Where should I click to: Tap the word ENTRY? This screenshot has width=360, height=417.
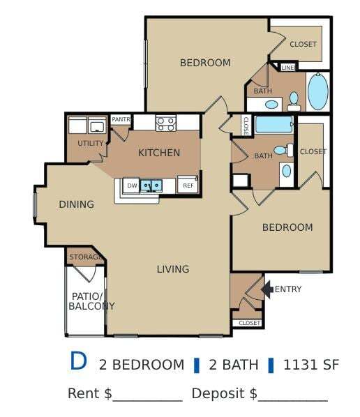pos(289,289)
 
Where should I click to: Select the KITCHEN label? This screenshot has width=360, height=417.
pos(159,153)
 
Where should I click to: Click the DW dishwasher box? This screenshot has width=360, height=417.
pos(132,185)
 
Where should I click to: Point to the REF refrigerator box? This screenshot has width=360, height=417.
pos(188,185)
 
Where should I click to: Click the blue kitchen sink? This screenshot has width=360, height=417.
pos(152,185)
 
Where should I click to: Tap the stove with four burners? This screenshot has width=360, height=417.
pos(165,123)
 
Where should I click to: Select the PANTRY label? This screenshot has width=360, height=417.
pos(121,119)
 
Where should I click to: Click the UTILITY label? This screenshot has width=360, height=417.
pos(91,144)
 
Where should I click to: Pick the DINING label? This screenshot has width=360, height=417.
pos(76,204)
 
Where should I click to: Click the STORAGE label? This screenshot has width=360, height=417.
pos(85,257)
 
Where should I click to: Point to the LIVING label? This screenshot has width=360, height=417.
pos(172,269)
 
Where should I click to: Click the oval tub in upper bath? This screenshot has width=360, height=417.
pos(317,91)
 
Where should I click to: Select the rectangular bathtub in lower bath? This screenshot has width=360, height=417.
pos(275,126)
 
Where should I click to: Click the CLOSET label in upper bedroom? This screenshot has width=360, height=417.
pos(303,44)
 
